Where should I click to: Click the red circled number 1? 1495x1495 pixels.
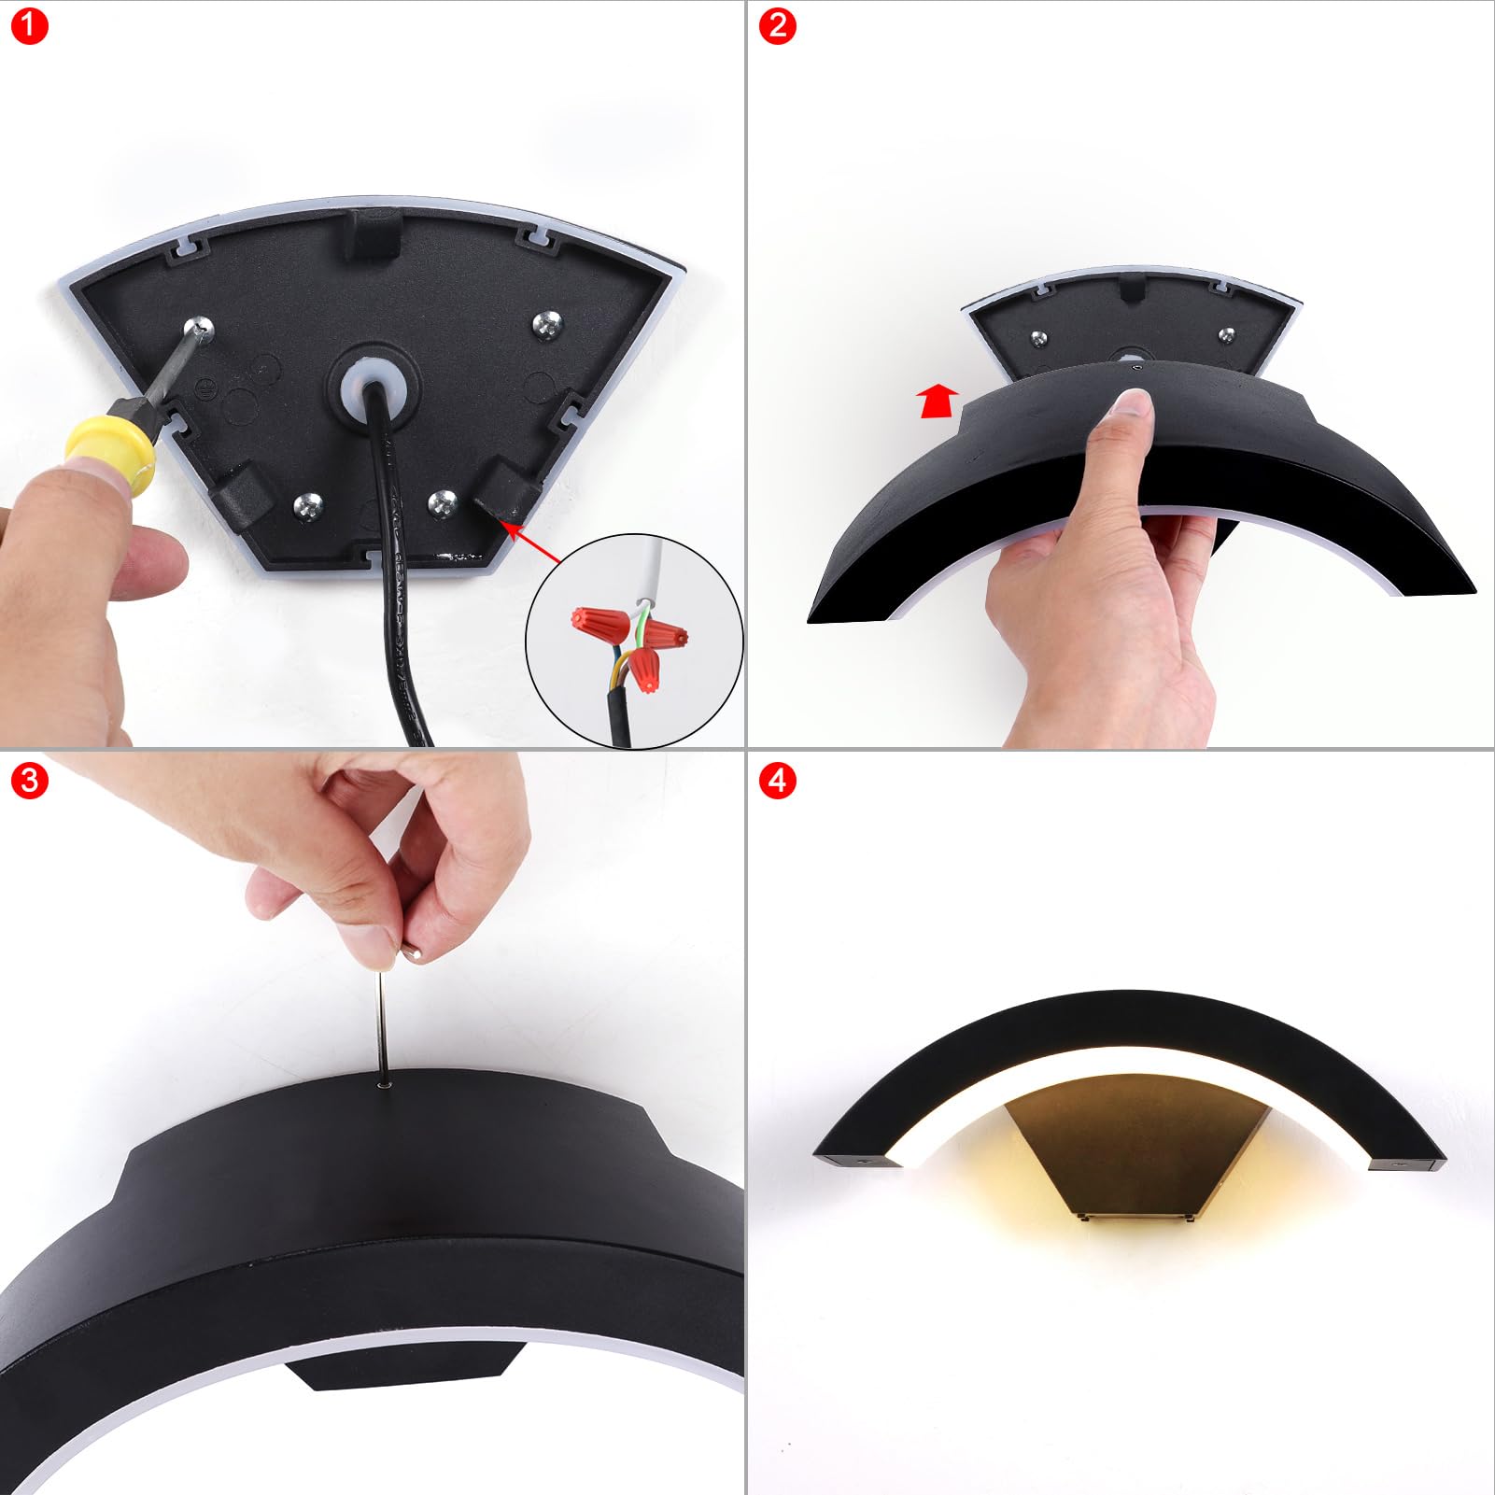(x=29, y=26)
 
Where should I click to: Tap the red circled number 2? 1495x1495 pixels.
(x=778, y=26)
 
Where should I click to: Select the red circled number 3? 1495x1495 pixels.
(x=29, y=779)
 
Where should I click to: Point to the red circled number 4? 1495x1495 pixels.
(x=778, y=779)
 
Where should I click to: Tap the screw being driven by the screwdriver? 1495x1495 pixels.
(x=199, y=328)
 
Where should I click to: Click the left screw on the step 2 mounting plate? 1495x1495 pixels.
(x=1037, y=338)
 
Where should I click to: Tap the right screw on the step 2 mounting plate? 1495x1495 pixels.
(x=1226, y=334)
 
